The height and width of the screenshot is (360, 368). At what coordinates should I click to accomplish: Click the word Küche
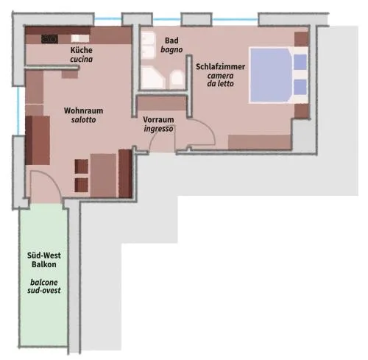(82, 50)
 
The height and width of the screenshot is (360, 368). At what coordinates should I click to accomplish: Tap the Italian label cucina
(82, 59)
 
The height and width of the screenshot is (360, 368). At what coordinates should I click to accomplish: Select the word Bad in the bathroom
(171, 40)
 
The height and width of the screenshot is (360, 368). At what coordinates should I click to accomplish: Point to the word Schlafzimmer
(220, 67)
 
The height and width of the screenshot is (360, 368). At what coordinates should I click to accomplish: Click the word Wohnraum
(83, 110)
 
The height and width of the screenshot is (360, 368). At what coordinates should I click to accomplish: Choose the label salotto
(83, 120)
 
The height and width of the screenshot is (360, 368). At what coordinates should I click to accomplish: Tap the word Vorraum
(158, 120)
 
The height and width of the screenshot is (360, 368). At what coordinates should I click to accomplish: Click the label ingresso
(158, 129)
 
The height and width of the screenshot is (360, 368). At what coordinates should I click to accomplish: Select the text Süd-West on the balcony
(44, 255)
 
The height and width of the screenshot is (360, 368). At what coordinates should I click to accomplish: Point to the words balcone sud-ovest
(44, 286)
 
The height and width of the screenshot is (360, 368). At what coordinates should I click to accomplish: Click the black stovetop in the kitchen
(50, 39)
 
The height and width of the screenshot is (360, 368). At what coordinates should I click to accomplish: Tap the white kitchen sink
(80, 38)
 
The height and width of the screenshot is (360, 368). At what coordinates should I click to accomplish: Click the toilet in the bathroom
(177, 79)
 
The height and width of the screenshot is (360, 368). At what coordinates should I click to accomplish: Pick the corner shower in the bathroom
(152, 78)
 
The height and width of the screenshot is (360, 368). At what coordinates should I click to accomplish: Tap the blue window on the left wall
(18, 110)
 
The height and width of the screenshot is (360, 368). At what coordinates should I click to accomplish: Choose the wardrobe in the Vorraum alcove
(162, 103)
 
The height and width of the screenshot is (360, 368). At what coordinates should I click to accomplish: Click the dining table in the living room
(103, 175)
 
